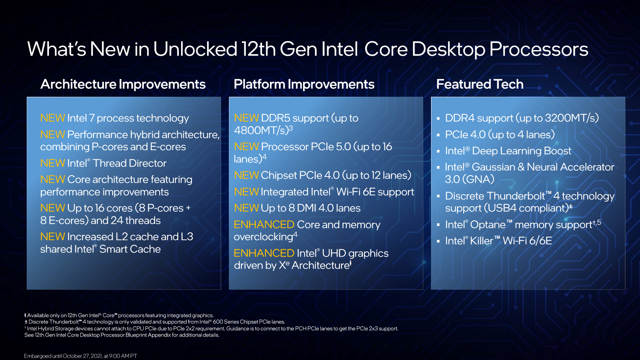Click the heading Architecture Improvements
pos(123,84)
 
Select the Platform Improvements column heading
pos(304,84)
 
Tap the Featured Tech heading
pos(480,84)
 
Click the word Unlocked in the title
pos(195,49)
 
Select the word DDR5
pos(276,118)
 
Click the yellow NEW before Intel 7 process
pos(53,118)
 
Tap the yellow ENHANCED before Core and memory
pos(264,224)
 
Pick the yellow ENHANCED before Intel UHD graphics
pos(264,253)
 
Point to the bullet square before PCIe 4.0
pos(438,135)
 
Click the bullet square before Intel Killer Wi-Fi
pos(438,241)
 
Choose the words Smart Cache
pos(130,249)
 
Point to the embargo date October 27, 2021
pos(82,356)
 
